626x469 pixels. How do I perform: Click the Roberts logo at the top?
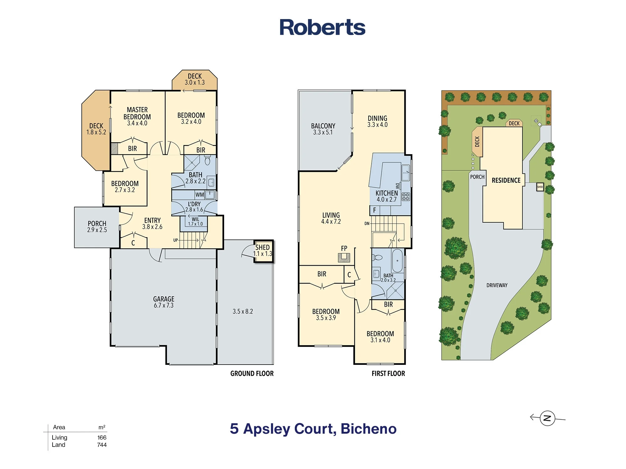pos(322,27)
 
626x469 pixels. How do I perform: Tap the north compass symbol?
pos(547,418)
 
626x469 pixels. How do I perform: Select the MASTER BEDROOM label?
pos(137,113)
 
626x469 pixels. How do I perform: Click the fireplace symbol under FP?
pos(344,257)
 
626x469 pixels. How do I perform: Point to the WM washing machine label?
pos(200,195)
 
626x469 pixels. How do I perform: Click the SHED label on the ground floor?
pos(262,247)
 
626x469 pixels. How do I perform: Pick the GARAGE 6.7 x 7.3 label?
pos(164,302)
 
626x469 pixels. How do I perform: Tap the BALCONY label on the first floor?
pos(323,126)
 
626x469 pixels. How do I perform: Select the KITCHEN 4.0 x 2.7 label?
pos(387,196)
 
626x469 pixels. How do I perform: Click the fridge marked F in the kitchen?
pos(375,210)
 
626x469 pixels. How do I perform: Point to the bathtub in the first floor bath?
pos(397,260)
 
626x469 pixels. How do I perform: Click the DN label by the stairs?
pos(367,224)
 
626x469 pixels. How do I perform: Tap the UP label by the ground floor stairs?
pos(176,240)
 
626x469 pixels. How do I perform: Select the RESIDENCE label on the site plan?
pos(506,180)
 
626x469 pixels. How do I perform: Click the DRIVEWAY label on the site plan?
pos(497,285)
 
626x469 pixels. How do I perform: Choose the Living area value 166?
pos(102,437)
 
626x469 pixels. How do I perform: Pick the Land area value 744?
pos(102,445)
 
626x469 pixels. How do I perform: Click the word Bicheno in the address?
pos(368,429)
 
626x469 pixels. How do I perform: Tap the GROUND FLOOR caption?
pos(252,373)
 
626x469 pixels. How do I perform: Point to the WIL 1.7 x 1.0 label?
pos(195,222)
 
